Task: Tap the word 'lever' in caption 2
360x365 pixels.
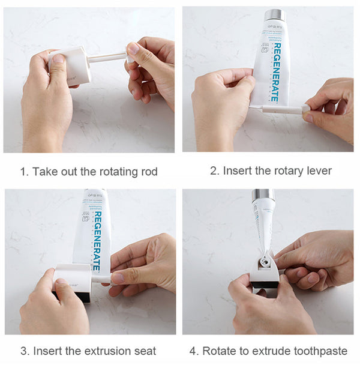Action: point(318,170)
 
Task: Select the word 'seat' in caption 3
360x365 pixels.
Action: point(145,351)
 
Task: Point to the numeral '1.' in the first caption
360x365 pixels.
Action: point(24,172)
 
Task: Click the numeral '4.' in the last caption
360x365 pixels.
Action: point(194,351)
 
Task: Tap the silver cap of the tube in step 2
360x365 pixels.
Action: point(275,15)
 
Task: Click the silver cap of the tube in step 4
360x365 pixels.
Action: point(263,195)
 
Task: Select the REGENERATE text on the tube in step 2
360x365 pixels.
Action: point(274,71)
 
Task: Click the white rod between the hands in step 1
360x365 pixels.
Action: point(108,58)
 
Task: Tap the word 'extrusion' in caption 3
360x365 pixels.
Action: point(97,351)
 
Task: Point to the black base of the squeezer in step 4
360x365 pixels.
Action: point(264,286)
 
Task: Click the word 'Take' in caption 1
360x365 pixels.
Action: point(44,172)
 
